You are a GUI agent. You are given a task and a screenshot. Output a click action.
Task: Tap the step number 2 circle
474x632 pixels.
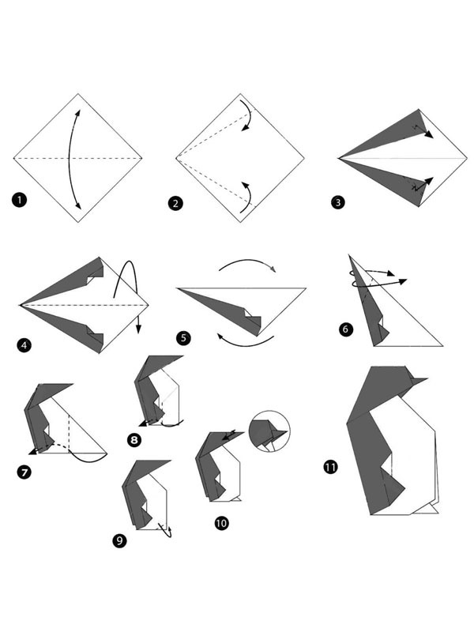click(x=175, y=204)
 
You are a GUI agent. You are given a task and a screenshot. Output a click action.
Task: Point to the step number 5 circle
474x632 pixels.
click(x=183, y=338)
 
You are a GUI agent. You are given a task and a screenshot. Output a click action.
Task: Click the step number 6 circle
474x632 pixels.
click(x=345, y=329)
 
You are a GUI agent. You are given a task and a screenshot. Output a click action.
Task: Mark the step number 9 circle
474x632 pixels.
click(x=118, y=540)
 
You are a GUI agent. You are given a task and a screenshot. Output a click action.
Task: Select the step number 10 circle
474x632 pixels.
click(x=221, y=522)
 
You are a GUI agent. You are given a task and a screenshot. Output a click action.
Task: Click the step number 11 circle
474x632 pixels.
click(x=330, y=467)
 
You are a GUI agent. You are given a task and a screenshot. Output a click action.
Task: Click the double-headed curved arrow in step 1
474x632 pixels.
click(x=72, y=158)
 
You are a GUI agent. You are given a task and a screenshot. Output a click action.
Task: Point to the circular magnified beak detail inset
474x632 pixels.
click(x=269, y=431)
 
